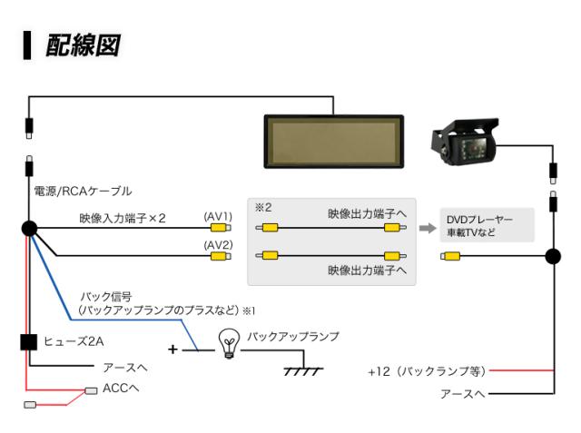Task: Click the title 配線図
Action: (84, 45)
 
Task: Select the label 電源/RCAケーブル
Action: (83, 192)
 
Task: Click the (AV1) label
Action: (218, 217)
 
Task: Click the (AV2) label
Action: (218, 244)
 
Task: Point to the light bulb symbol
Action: (230, 343)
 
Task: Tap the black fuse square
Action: (28, 341)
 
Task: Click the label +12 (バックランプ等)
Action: (427, 371)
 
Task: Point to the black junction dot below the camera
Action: (551, 257)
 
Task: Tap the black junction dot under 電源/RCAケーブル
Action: (28, 230)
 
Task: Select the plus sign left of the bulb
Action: (172, 349)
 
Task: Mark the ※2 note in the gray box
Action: (262, 207)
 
